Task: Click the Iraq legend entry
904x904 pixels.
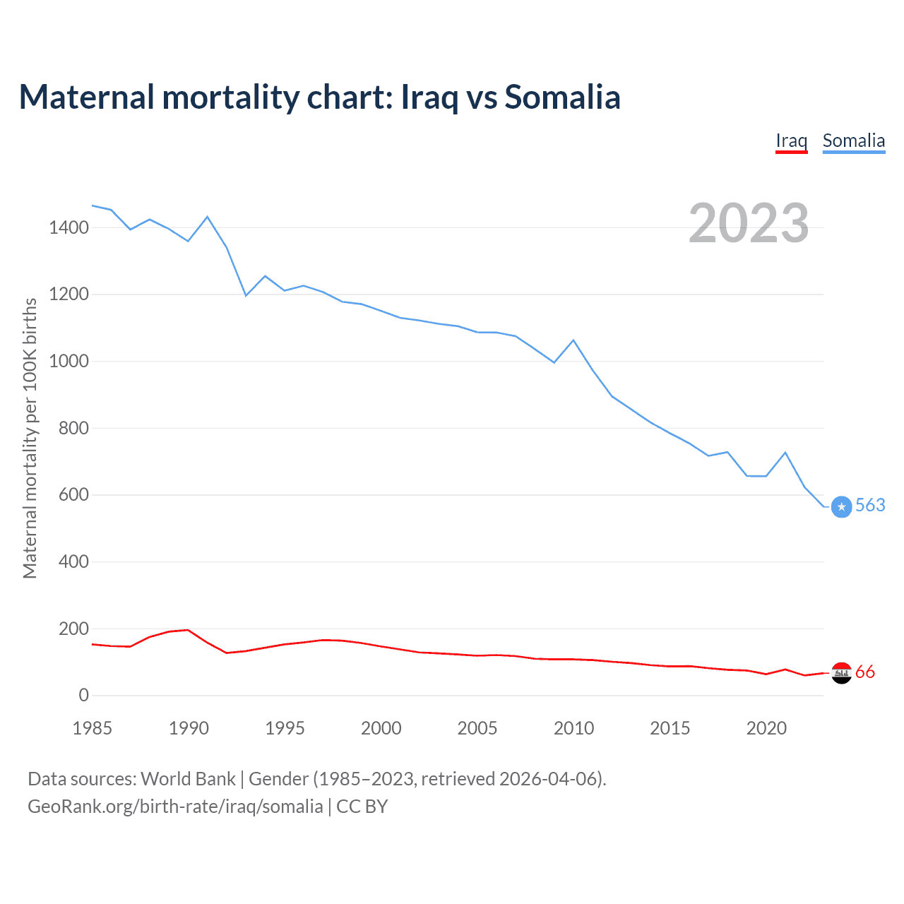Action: [791, 141]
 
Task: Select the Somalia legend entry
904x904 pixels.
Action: [853, 141]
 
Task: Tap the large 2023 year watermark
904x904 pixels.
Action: [749, 223]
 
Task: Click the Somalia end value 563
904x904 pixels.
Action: [870, 506]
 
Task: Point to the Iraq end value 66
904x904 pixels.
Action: [865, 672]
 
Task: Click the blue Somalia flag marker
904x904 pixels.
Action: [841, 507]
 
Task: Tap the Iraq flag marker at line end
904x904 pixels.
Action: [841, 674]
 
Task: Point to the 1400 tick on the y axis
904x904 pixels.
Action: [69, 227]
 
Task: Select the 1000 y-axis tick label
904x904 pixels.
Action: [69, 361]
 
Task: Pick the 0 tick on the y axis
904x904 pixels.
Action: [84, 695]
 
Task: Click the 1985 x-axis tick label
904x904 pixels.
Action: [93, 728]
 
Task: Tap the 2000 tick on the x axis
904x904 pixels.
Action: [381, 728]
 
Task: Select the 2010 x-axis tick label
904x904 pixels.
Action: [573, 728]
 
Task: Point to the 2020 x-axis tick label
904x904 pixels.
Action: [766, 728]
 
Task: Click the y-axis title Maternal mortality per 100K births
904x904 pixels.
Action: [30, 438]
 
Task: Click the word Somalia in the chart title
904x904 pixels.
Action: [562, 97]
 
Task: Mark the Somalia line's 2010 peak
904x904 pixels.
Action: [573, 340]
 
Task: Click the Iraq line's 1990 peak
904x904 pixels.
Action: [188, 629]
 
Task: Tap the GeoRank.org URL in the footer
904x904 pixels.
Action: [175, 807]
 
